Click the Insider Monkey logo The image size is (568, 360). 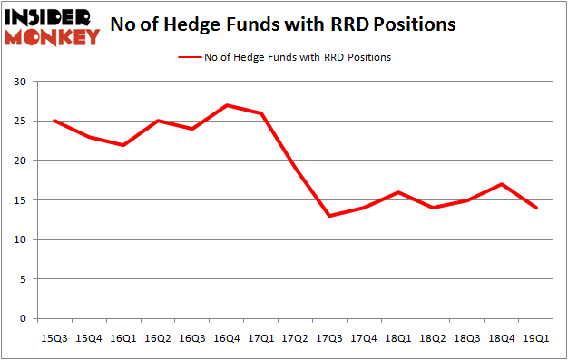pyautogui.click(x=52, y=26)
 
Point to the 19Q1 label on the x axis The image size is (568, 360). pyautogui.click(x=538, y=337)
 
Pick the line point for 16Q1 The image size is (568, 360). pyautogui.click(x=124, y=145)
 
